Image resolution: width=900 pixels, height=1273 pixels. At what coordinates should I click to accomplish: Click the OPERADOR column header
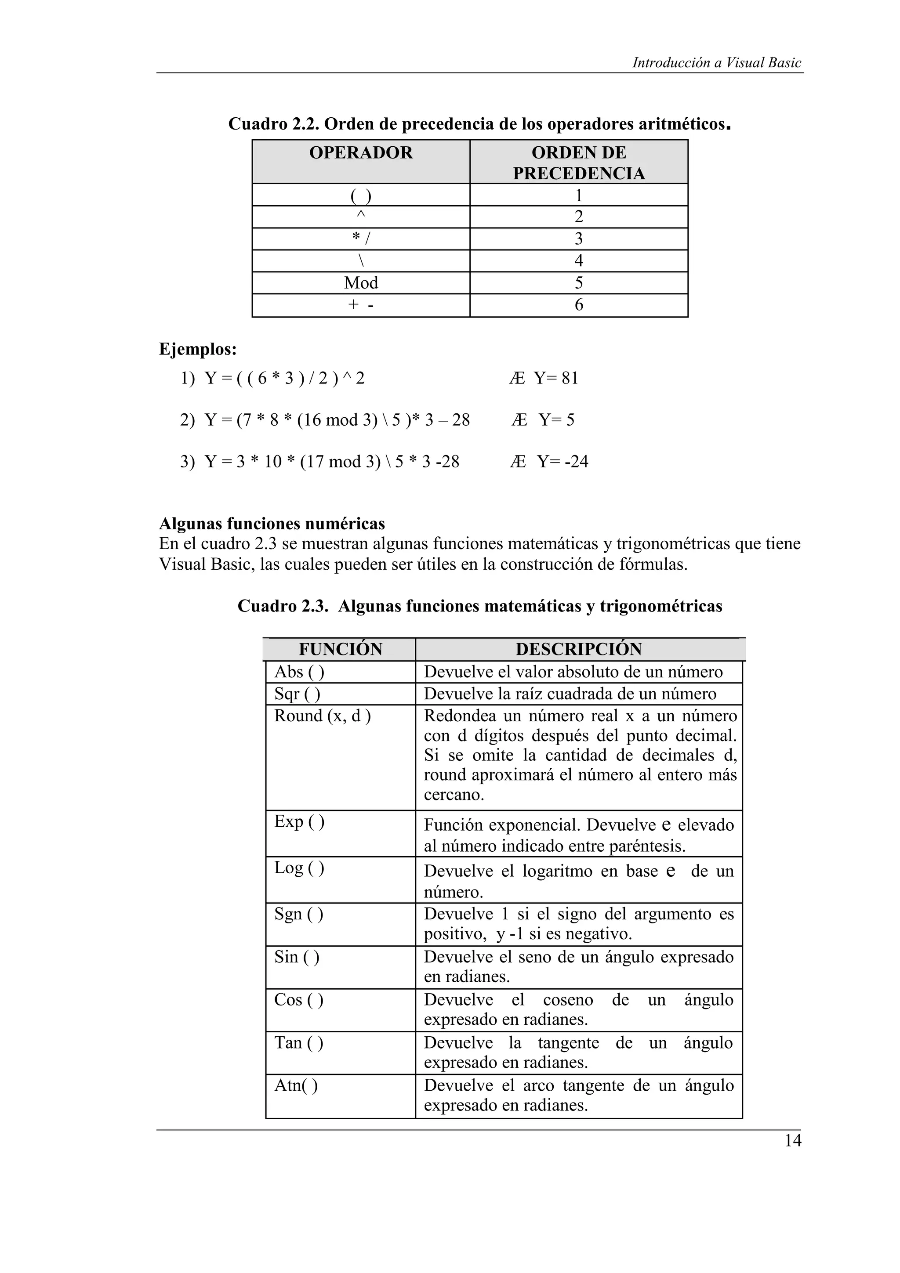(360, 152)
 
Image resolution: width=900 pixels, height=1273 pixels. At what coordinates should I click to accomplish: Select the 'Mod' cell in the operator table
(360, 283)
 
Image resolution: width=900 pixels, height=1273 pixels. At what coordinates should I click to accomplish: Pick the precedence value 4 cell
(578, 260)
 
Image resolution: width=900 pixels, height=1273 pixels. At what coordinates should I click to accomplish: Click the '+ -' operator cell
(360, 305)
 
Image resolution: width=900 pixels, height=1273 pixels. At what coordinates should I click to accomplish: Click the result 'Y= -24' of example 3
(562, 461)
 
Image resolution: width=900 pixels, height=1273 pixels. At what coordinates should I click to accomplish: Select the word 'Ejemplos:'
(198, 349)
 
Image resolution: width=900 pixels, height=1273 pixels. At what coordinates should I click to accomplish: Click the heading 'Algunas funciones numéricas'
(272, 524)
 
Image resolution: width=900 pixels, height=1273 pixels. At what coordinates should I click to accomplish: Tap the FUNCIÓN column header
(340, 649)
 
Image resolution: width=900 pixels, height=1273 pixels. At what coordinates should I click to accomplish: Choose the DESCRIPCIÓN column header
(578, 649)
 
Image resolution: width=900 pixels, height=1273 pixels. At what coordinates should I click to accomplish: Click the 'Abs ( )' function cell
(299, 672)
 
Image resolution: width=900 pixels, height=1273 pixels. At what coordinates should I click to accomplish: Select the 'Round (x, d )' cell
(322, 716)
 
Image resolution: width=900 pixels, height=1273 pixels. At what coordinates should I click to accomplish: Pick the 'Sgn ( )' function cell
(298, 914)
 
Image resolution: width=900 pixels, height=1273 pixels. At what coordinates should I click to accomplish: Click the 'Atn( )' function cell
(296, 1085)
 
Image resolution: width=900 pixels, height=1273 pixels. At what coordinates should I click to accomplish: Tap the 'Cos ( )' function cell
(298, 1000)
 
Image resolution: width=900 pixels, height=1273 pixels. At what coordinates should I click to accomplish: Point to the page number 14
(792, 1141)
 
